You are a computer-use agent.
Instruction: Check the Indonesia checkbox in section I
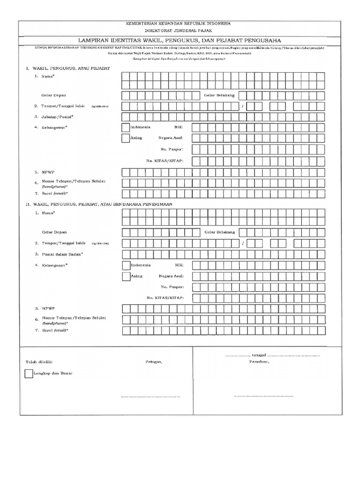tap(126, 127)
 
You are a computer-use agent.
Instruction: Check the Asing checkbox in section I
tap(126, 139)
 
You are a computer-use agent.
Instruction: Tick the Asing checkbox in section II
tap(126, 277)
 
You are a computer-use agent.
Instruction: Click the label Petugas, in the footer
tap(154, 363)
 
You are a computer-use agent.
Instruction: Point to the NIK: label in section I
tap(180, 127)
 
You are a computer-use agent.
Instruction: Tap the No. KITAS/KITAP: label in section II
tap(165, 298)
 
